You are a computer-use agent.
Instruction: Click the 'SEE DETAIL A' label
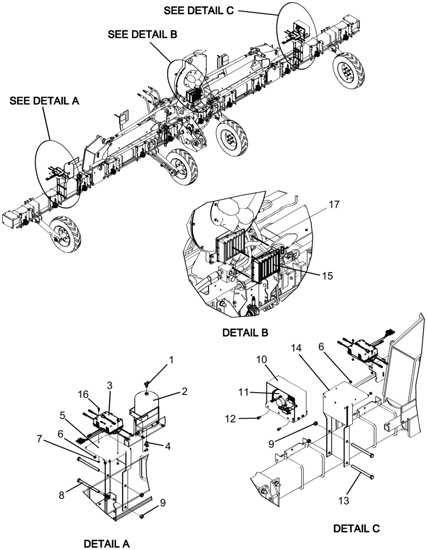44,101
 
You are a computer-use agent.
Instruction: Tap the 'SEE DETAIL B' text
143,34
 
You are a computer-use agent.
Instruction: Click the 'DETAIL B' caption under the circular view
245,333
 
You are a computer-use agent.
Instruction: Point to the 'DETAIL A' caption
107,543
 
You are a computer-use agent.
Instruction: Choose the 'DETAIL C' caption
357,529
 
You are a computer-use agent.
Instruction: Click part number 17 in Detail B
333,204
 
